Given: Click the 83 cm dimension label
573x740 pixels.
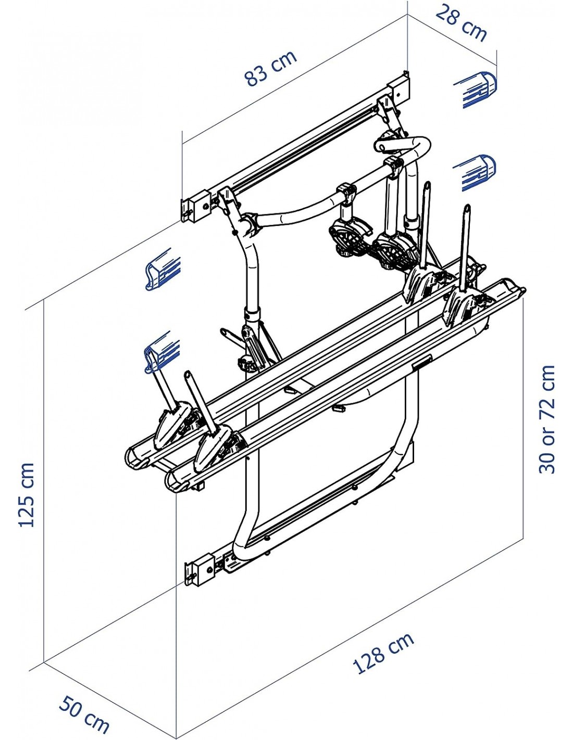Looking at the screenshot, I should (x=270, y=68).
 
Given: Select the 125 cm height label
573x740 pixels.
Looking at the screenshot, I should (x=26, y=494).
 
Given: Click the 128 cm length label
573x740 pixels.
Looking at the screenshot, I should (x=383, y=653).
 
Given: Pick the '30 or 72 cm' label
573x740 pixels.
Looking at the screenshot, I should (x=547, y=419).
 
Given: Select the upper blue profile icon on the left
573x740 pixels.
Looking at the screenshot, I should (x=163, y=269).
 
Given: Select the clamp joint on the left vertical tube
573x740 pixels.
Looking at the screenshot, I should (x=252, y=314).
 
